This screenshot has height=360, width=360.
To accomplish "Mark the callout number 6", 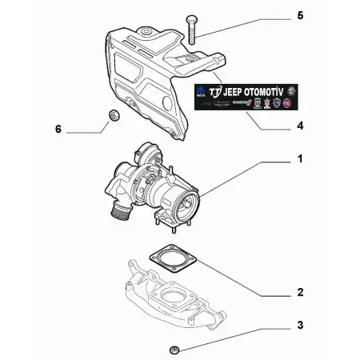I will tap(57, 128).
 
